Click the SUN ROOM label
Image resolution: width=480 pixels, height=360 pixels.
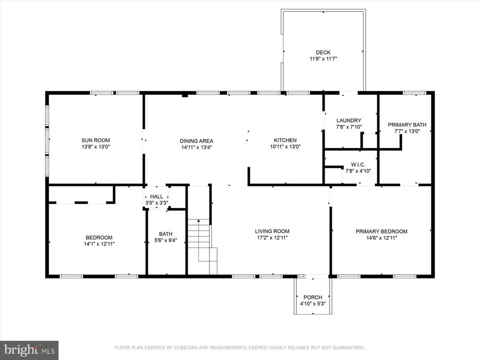coord(96,141)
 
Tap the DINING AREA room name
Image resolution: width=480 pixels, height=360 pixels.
coord(196,141)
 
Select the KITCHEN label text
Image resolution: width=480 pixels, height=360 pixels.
coord(285,141)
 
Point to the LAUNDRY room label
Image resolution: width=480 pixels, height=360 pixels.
coord(349,120)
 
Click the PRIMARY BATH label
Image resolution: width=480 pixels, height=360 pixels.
coord(407,125)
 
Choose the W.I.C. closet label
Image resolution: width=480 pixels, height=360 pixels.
coord(358,165)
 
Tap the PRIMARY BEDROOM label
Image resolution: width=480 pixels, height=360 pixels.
coord(382,232)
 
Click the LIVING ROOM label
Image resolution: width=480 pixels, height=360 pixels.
coord(272,232)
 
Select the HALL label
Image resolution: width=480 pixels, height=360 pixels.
coord(157,196)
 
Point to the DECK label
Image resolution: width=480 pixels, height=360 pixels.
coord(323,52)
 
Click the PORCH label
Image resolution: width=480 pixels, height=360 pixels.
coord(313,297)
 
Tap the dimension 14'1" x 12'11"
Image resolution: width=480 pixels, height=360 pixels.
coord(99,244)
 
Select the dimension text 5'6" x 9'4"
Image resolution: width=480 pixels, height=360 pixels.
coord(165,240)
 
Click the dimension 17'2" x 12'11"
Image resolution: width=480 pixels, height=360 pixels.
coord(272,238)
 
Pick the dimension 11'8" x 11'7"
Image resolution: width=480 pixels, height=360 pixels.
coord(323,59)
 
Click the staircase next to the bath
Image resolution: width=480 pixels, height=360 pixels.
coord(202,247)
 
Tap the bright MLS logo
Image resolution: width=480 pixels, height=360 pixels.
coord(30,350)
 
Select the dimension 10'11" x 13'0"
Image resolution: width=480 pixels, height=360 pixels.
coord(285,147)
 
